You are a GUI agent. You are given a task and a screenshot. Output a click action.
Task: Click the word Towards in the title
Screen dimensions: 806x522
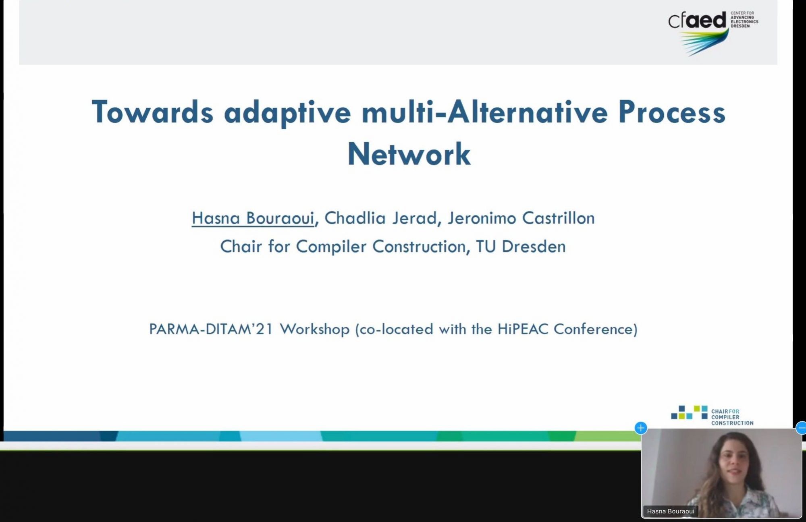pos(152,112)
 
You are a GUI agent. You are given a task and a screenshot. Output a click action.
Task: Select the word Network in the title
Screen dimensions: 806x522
pos(409,154)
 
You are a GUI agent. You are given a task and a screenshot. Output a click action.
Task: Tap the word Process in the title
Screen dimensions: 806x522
pos(672,112)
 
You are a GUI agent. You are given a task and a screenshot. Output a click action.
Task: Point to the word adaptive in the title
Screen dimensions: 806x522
pos(287,113)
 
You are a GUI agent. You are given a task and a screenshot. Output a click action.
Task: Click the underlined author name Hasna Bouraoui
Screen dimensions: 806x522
pos(253,218)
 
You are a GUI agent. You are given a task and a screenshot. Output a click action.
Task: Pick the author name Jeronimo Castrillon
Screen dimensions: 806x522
pos(521,218)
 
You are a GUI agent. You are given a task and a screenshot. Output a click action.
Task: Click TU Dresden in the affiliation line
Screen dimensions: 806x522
pos(521,246)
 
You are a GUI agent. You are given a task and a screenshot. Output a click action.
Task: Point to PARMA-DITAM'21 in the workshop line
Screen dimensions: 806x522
pos(211,329)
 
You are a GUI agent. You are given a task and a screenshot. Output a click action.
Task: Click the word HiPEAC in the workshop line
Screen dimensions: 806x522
pos(523,329)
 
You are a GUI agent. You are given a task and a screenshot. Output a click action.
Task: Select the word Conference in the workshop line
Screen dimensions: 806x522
pos(593,329)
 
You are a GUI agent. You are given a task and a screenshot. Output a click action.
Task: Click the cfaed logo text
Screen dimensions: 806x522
pos(697,20)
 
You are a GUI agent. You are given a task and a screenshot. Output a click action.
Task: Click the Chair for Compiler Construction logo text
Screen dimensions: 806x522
pos(732,417)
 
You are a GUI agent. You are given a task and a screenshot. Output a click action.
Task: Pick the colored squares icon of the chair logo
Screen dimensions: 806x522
pos(689,412)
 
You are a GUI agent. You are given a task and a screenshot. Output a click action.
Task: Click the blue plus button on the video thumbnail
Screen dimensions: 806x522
pos(641,428)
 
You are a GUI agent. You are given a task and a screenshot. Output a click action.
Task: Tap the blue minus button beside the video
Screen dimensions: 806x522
pos(801,428)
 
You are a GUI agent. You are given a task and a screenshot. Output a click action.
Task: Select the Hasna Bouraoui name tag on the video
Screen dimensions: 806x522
pos(671,511)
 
